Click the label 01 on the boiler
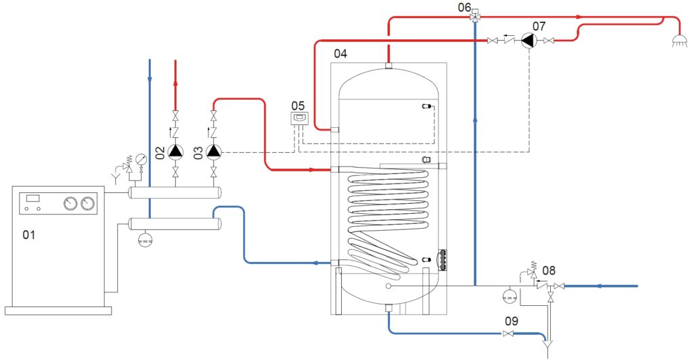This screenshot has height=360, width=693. [x=28, y=235]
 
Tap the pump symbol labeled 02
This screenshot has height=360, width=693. [x=176, y=152]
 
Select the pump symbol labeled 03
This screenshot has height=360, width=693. [x=214, y=152]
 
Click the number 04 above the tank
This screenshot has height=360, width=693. [x=340, y=54]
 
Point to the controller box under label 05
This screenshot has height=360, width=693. [x=299, y=119]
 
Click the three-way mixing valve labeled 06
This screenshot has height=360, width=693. [x=476, y=17]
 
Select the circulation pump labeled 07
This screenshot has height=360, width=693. [x=528, y=41]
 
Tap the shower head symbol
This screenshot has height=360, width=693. [x=679, y=42]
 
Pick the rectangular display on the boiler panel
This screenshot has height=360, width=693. [x=32, y=198]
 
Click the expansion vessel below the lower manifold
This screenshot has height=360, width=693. [x=146, y=239]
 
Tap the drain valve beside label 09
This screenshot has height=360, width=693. [x=509, y=334]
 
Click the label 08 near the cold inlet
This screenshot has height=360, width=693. [x=549, y=270]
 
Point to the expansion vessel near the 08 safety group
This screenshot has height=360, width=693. [x=510, y=296]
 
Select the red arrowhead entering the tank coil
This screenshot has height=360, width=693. [x=313, y=170]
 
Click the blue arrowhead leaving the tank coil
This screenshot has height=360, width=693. [x=316, y=263]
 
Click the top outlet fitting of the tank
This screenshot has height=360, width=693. [x=388, y=66]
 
